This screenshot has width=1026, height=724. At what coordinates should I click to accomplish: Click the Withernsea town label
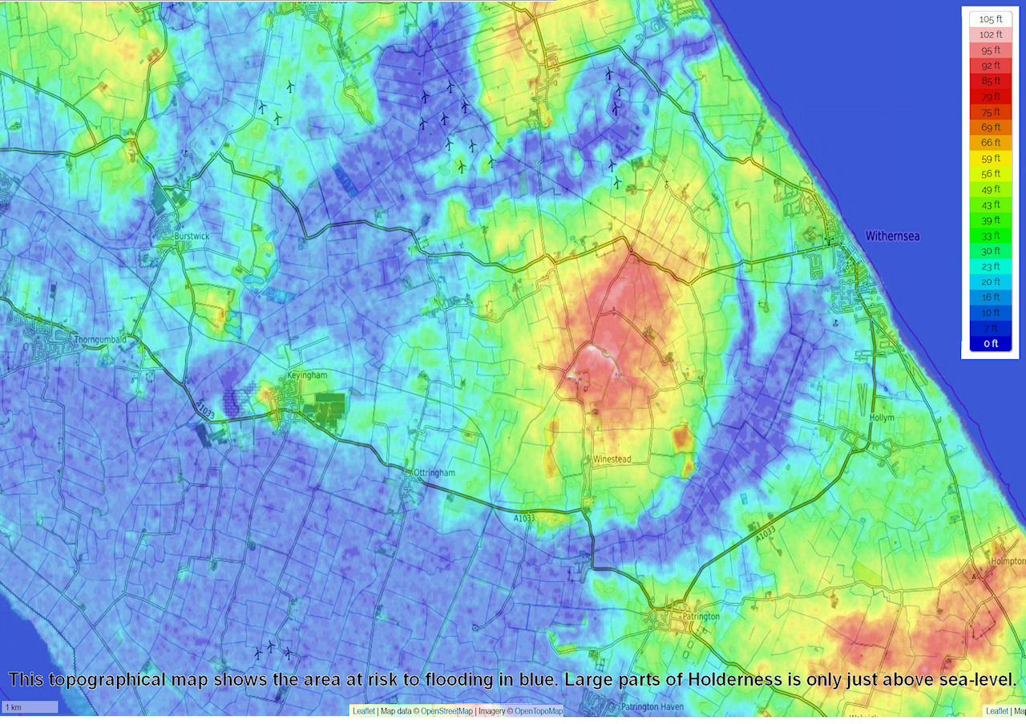point(892,237)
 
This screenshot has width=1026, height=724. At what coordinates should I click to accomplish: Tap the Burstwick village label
point(191,237)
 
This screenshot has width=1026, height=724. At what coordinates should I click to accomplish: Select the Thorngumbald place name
point(100,339)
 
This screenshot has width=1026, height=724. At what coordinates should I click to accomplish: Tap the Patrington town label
point(702,617)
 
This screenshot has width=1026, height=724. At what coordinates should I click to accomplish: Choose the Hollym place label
point(882,419)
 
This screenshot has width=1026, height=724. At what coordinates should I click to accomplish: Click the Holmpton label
point(1008,562)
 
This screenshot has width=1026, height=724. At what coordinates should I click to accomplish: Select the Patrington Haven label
point(650,707)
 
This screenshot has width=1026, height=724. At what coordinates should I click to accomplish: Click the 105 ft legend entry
point(991,19)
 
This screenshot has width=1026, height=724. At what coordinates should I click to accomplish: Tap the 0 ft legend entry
point(991,343)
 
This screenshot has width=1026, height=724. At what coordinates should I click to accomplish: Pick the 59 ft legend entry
point(991,158)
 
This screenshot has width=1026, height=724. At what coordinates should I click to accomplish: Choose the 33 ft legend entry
point(991,235)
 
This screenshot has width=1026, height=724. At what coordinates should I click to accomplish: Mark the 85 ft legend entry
point(991,81)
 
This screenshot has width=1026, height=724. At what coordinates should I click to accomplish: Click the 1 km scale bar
point(30,707)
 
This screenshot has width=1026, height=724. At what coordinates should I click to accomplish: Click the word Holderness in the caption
point(732,680)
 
